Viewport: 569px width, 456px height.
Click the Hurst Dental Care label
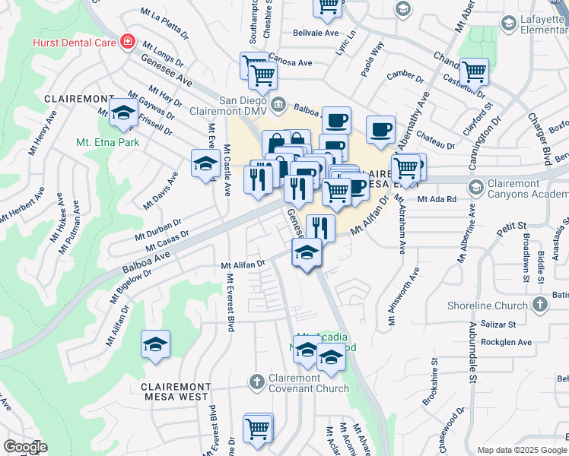pos(74,43)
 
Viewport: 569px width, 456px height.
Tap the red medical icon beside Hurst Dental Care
pos(128,41)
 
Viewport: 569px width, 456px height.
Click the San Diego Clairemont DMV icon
pos(278,103)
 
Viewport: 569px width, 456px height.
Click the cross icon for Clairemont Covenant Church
pos(257,381)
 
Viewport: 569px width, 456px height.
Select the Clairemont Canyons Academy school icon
pos(476,187)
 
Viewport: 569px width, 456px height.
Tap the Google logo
pos(24,447)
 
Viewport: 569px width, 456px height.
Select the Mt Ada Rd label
pos(437,199)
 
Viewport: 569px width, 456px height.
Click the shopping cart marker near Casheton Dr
pos(474,71)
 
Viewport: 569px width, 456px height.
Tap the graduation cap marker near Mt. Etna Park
pos(122,113)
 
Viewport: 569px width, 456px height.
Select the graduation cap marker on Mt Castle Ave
pos(205,164)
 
